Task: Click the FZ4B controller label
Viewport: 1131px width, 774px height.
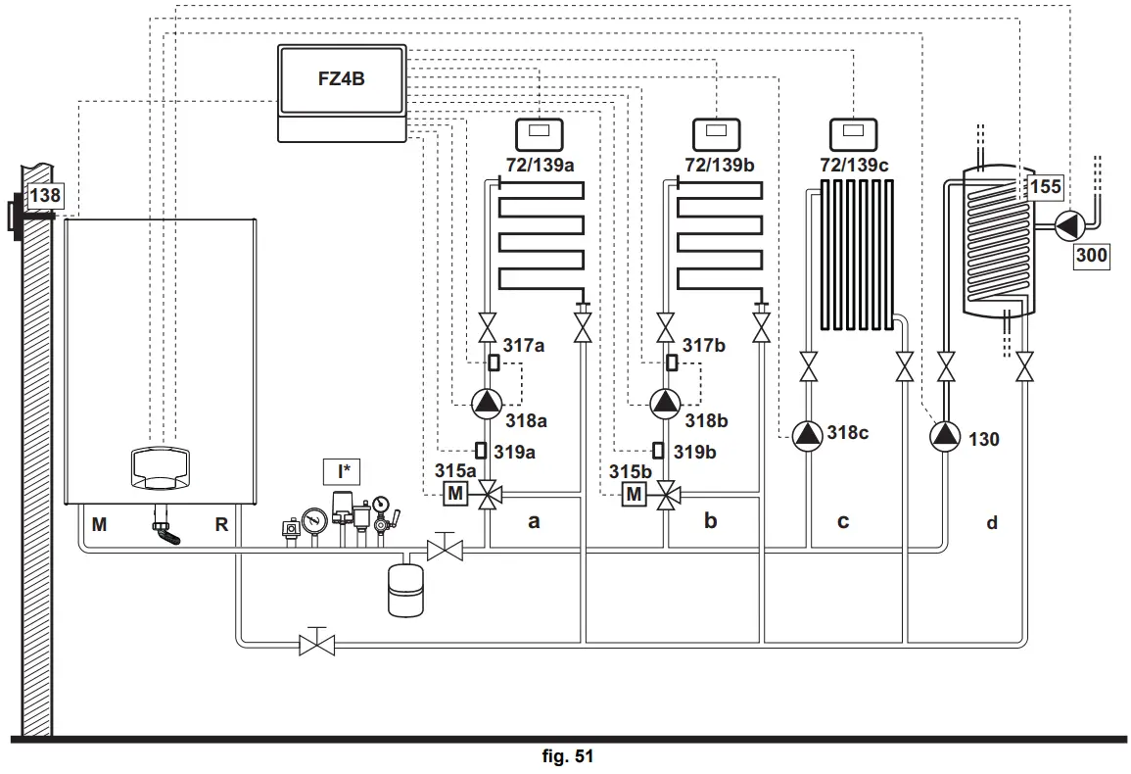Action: pyautogui.click(x=341, y=78)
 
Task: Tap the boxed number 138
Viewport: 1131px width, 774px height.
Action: pyautogui.click(x=45, y=195)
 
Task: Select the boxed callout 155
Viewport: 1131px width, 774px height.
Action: pyautogui.click(x=1045, y=187)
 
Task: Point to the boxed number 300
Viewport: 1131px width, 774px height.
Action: pyautogui.click(x=1091, y=256)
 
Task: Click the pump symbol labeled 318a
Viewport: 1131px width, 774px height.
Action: pyautogui.click(x=487, y=404)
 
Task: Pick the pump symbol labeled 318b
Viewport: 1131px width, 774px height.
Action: pyautogui.click(x=665, y=404)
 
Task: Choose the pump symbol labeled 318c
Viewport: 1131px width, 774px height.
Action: pyautogui.click(x=807, y=435)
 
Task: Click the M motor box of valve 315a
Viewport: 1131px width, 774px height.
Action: pyautogui.click(x=455, y=494)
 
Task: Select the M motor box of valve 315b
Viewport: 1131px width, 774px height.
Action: pyautogui.click(x=634, y=494)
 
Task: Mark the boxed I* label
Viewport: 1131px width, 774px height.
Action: pyautogui.click(x=343, y=472)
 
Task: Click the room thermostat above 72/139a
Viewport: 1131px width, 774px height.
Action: pyautogui.click(x=540, y=134)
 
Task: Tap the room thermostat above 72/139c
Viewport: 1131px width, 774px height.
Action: pyautogui.click(x=853, y=134)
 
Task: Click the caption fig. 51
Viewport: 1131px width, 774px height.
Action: pyautogui.click(x=568, y=756)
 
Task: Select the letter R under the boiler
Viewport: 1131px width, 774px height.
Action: pyautogui.click(x=221, y=525)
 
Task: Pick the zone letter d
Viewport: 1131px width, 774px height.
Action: pyautogui.click(x=992, y=523)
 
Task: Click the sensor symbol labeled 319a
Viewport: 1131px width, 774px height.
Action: pyautogui.click(x=481, y=451)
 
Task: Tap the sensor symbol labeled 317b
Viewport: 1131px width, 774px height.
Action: pyautogui.click(x=672, y=363)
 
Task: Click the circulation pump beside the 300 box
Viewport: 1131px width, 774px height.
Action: pyautogui.click(x=1067, y=226)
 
